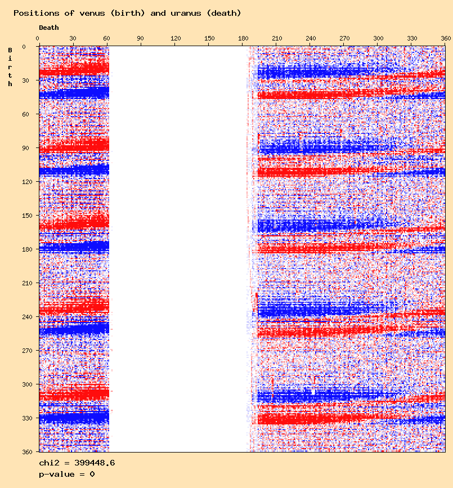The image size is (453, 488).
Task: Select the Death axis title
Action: coord(49,28)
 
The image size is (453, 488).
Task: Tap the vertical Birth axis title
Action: coord(10,67)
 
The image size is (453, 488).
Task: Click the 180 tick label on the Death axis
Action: coord(244,38)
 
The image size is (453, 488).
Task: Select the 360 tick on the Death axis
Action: coord(446,38)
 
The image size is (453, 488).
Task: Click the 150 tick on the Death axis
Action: coord(209,38)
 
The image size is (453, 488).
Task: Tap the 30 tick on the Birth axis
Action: coord(26,80)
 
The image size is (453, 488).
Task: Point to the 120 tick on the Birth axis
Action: coord(25,182)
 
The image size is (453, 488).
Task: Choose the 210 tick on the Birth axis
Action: coord(25,283)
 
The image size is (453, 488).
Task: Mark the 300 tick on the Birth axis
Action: coord(25,384)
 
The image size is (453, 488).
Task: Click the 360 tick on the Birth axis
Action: coord(25,451)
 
